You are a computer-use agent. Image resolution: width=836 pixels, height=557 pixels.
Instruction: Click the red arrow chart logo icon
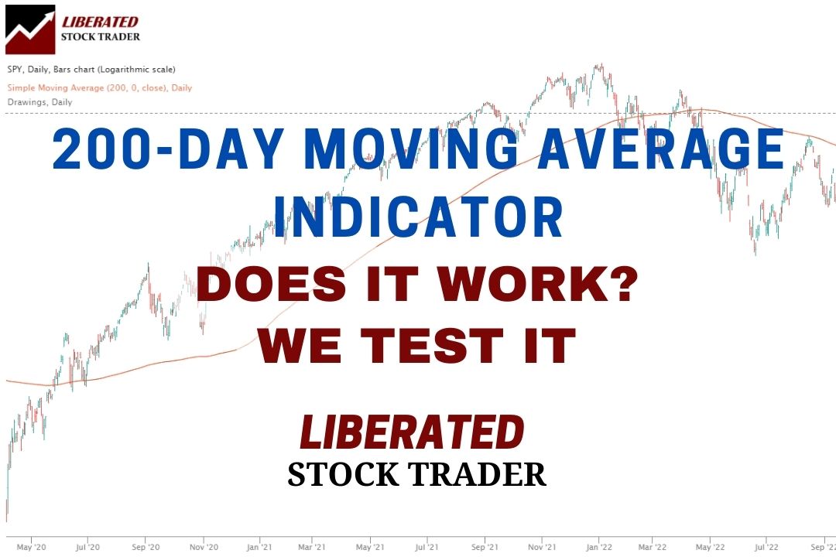(30, 29)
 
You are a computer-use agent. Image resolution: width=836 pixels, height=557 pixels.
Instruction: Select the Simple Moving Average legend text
(100, 87)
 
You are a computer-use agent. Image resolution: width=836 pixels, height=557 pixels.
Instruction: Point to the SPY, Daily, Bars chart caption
(91, 70)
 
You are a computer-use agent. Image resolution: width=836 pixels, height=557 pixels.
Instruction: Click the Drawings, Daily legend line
(39, 101)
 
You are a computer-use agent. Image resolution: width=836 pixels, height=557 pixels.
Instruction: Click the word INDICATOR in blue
(423, 217)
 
